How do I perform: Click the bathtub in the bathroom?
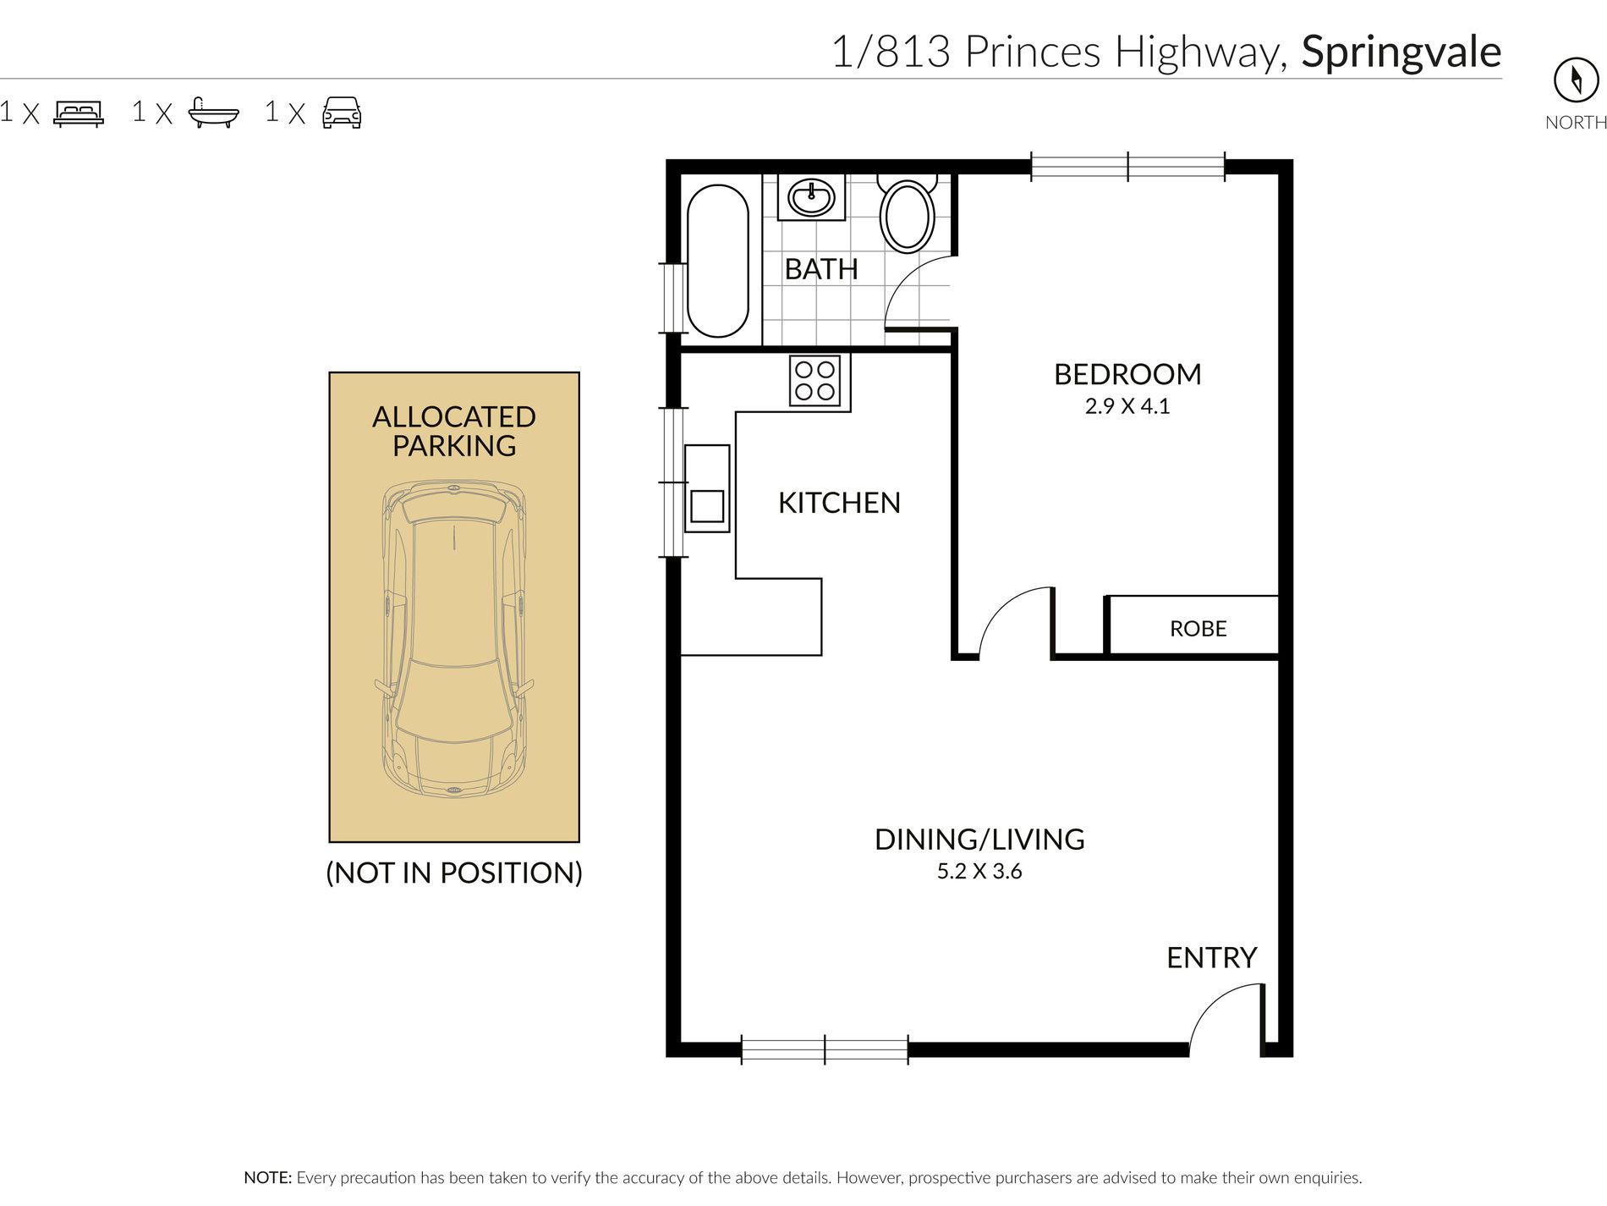point(718,261)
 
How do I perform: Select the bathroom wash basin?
point(811,198)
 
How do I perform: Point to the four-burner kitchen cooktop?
point(815,381)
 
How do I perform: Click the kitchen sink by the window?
point(707,488)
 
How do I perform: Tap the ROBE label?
point(1198,629)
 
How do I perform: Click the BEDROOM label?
point(1127,374)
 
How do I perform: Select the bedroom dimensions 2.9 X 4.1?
point(1127,406)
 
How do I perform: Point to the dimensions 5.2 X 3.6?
point(979,872)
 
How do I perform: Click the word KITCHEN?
point(839,503)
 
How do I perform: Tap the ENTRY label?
point(1211,958)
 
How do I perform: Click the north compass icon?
point(1577,80)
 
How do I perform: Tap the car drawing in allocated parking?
point(454,640)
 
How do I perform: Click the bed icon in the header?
point(79,113)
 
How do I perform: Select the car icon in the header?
point(342,113)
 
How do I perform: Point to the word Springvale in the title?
point(1401,52)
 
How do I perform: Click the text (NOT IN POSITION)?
point(454,873)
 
